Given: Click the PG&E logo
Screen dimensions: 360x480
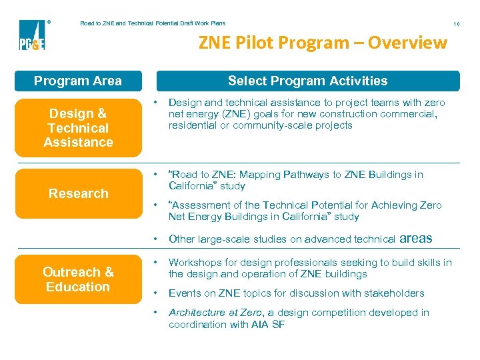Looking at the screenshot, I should [x=31, y=35].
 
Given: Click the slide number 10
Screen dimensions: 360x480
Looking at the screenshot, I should [x=457, y=24].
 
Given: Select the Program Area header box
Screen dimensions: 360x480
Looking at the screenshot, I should [x=78, y=81].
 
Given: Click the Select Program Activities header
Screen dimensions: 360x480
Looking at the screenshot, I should [x=307, y=81].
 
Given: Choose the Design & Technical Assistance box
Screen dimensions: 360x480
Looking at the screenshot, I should [x=78, y=127].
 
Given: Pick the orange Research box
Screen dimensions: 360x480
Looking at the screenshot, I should [x=78, y=193].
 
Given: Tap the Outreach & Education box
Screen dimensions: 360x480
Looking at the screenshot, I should [x=78, y=279].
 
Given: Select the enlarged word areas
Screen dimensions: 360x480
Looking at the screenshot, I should [x=416, y=238].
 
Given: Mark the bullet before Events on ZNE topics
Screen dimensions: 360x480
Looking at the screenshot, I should [x=155, y=293].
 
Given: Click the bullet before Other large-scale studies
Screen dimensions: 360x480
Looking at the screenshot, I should [x=155, y=239].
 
